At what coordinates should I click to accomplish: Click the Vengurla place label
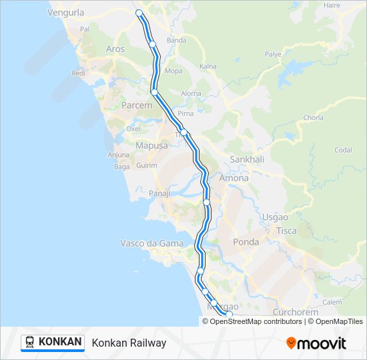pyautogui.click(x=66, y=11)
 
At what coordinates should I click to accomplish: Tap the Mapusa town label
pyautogui.click(x=151, y=145)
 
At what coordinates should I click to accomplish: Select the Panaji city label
pyautogui.click(x=160, y=193)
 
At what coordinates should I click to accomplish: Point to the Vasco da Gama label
pyautogui.click(x=151, y=243)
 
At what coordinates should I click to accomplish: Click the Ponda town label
pyautogui.click(x=246, y=242)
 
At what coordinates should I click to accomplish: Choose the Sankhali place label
pyautogui.click(x=247, y=159)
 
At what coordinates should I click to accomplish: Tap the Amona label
pyautogui.click(x=234, y=178)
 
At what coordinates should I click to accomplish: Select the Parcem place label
pyautogui.click(x=136, y=105)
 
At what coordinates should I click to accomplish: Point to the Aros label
pyautogui.click(x=115, y=49)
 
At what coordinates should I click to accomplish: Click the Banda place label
pyautogui.click(x=176, y=40)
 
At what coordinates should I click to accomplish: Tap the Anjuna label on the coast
pyautogui.click(x=118, y=155)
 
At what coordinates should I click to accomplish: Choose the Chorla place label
pyautogui.click(x=313, y=117)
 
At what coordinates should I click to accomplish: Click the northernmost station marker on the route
pyautogui.click(x=139, y=13)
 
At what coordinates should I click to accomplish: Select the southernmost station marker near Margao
pyautogui.click(x=228, y=314)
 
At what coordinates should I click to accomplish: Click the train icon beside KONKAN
pyautogui.click(x=30, y=342)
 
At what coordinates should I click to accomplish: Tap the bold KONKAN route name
pyautogui.click(x=60, y=342)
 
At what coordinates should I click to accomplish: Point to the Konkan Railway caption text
pyautogui.click(x=129, y=343)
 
